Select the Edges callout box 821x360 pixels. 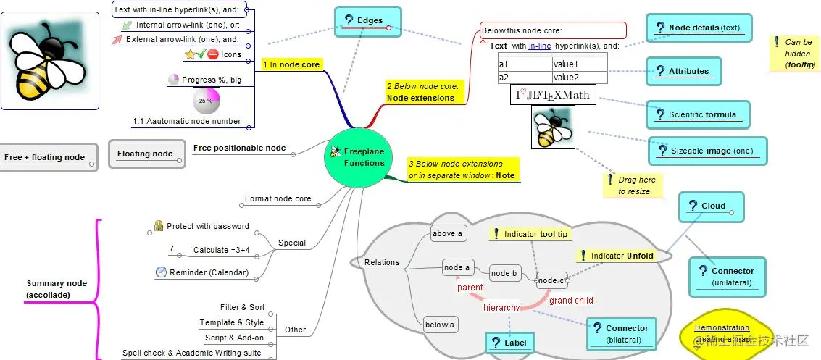tap(368, 21)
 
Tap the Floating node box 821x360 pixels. tap(144, 154)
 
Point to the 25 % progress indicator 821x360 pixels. tap(207, 101)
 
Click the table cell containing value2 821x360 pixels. tap(579, 78)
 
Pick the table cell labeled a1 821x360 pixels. tap(525, 64)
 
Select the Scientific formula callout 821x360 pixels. tap(698, 114)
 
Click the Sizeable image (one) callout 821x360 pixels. tap(708, 151)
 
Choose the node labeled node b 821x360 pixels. tap(504, 273)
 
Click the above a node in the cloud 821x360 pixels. tap(447, 233)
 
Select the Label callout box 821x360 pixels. tap(509, 343)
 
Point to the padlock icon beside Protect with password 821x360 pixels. tap(158, 226)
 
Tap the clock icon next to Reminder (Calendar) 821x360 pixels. tap(161, 272)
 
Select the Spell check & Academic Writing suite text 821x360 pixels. tap(191, 353)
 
